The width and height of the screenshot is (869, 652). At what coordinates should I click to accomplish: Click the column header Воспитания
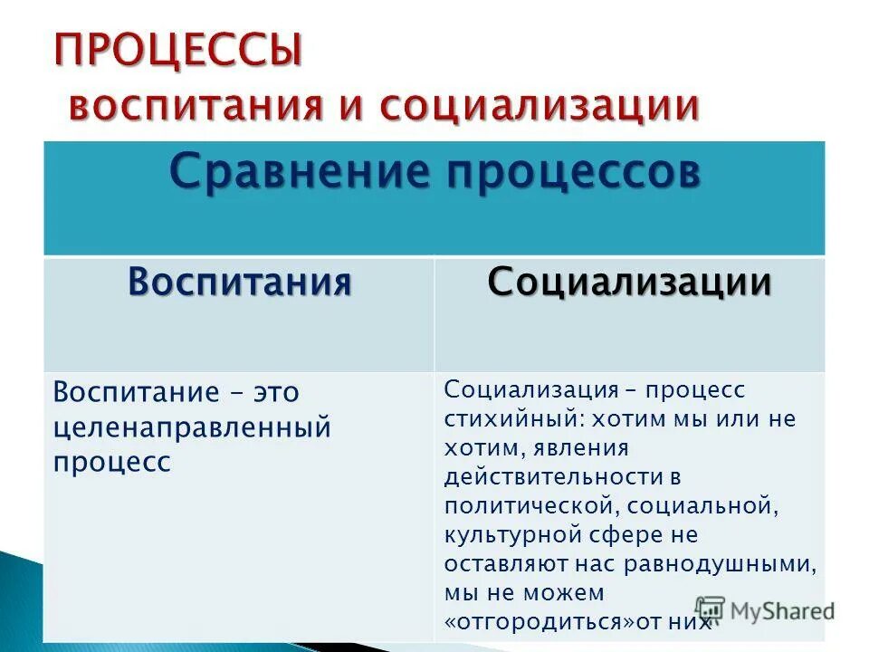click(x=239, y=282)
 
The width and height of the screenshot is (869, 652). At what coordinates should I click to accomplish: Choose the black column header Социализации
click(x=629, y=283)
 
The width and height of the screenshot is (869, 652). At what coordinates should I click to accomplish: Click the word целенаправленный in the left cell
click(x=191, y=427)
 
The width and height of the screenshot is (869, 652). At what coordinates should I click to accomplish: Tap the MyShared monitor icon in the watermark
click(x=711, y=609)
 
